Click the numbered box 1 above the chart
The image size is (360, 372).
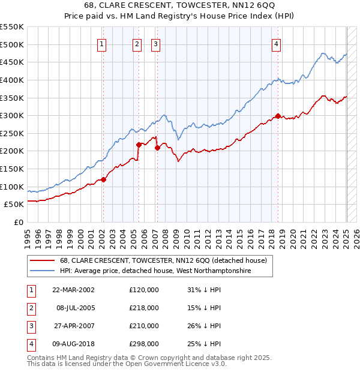coord(102,43)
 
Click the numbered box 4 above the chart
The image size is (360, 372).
coord(276,43)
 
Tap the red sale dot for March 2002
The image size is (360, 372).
coord(103,179)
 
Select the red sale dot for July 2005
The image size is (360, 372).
coord(139,144)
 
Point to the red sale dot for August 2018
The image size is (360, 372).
coord(278,116)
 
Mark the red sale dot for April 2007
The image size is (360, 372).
coord(157,147)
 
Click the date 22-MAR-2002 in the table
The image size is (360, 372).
coord(73,290)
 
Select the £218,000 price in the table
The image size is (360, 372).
coord(144,308)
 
